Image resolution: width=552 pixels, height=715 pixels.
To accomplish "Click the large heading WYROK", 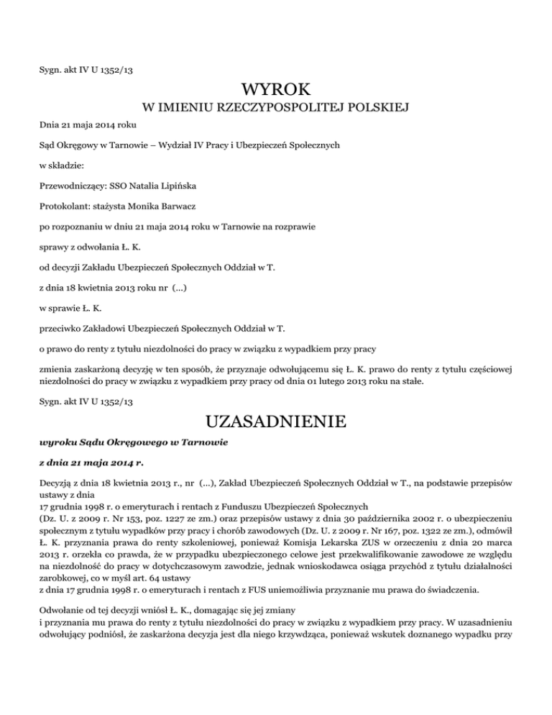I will pos(276,91).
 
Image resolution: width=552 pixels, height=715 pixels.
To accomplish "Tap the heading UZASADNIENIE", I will pos(276,419).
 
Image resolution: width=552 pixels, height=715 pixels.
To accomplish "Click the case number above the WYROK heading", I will pos(86,72).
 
